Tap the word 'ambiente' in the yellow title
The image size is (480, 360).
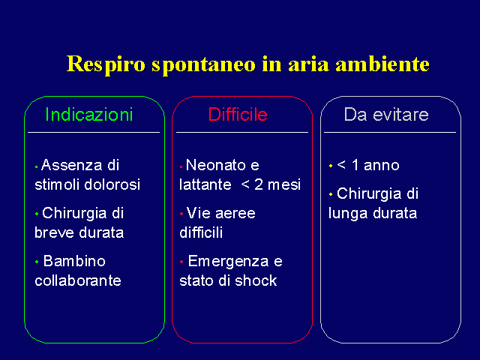[x=382, y=64]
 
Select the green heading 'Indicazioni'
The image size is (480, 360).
[x=89, y=115]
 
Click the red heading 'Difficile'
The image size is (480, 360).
[x=238, y=115]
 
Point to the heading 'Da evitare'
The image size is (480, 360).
[x=386, y=115]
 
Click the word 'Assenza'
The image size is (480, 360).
[x=72, y=165]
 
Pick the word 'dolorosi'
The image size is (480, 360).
[x=112, y=184]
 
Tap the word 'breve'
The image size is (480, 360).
[x=55, y=232]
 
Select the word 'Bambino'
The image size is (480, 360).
[x=74, y=261]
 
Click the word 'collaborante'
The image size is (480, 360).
[x=78, y=280]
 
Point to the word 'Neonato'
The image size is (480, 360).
[x=216, y=165]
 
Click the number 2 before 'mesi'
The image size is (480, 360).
[x=259, y=184]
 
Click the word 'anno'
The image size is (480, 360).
[x=382, y=165]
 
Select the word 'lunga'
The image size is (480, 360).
[x=346, y=214]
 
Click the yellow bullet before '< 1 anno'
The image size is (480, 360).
[x=331, y=166]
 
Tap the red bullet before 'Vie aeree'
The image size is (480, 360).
[x=181, y=214]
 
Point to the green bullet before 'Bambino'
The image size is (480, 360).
[x=37, y=262]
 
